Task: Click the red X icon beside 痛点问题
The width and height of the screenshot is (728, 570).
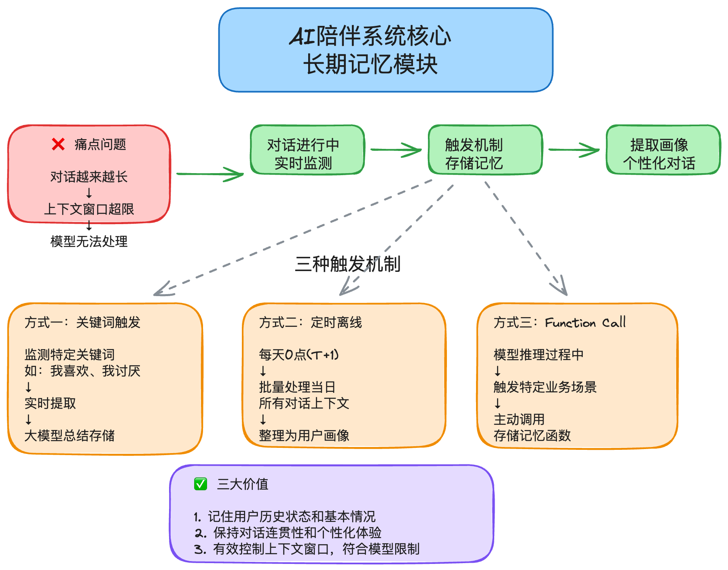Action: (58, 144)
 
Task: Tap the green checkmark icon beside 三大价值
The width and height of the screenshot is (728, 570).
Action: (200, 483)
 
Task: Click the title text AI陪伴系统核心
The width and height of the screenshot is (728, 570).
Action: (370, 36)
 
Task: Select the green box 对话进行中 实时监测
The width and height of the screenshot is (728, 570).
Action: (307, 150)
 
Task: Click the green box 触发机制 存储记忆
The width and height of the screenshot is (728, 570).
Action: (485, 150)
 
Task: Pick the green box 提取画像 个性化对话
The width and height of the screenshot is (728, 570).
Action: (663, 150)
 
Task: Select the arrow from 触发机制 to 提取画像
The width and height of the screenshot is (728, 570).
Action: (574, 150)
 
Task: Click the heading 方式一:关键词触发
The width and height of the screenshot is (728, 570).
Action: (82, 322)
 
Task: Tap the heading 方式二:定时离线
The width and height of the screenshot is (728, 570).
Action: (310, 322)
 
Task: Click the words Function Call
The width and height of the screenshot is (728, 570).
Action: (585, 322)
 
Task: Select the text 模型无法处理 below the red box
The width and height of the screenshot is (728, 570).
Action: (89, 242)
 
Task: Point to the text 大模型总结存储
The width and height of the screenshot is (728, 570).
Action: (69, 436)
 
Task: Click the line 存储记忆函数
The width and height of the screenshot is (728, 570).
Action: (532, 436)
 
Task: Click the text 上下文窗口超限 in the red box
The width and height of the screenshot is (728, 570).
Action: (89, 209)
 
